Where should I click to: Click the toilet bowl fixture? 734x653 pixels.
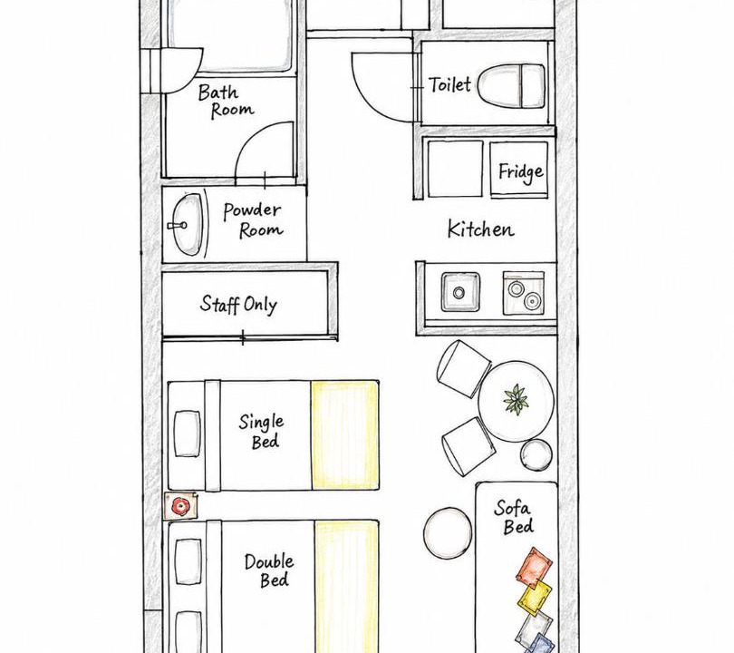pos(512,87)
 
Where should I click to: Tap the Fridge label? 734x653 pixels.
pos(520,172)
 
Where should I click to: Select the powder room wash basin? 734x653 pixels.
pos(187,224)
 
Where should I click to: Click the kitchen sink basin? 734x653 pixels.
pos(460,292)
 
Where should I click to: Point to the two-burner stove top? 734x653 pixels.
pos(524,293)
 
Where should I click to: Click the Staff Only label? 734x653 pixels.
pos(238,305)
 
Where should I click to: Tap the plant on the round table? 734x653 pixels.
pos(516,400)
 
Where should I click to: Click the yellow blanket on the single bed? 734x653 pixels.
pos(345,435)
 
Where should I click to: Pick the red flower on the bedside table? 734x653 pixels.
pos(179,506)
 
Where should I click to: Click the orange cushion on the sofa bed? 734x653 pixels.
pos(534,567)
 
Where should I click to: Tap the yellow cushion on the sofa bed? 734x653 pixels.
pos(535,598)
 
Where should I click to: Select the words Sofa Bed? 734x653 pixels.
pos(513,517)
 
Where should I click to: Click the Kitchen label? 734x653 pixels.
pos(481,229)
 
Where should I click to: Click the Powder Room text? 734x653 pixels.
pos(253,220)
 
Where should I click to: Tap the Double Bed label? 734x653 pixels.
pos(270,570)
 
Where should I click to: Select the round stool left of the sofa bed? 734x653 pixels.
pos(448,533)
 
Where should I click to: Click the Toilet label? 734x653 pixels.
pos(449,84)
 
